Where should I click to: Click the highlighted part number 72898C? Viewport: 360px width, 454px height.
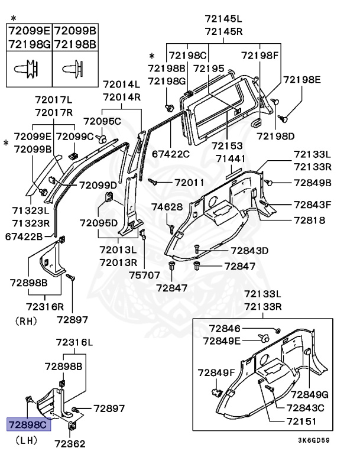tap(28, 424)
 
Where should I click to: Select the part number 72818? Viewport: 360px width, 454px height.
tap(310, 220)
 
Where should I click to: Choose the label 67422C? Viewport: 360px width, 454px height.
tap(171, 154)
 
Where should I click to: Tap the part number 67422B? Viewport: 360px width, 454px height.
tap(24, 237)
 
